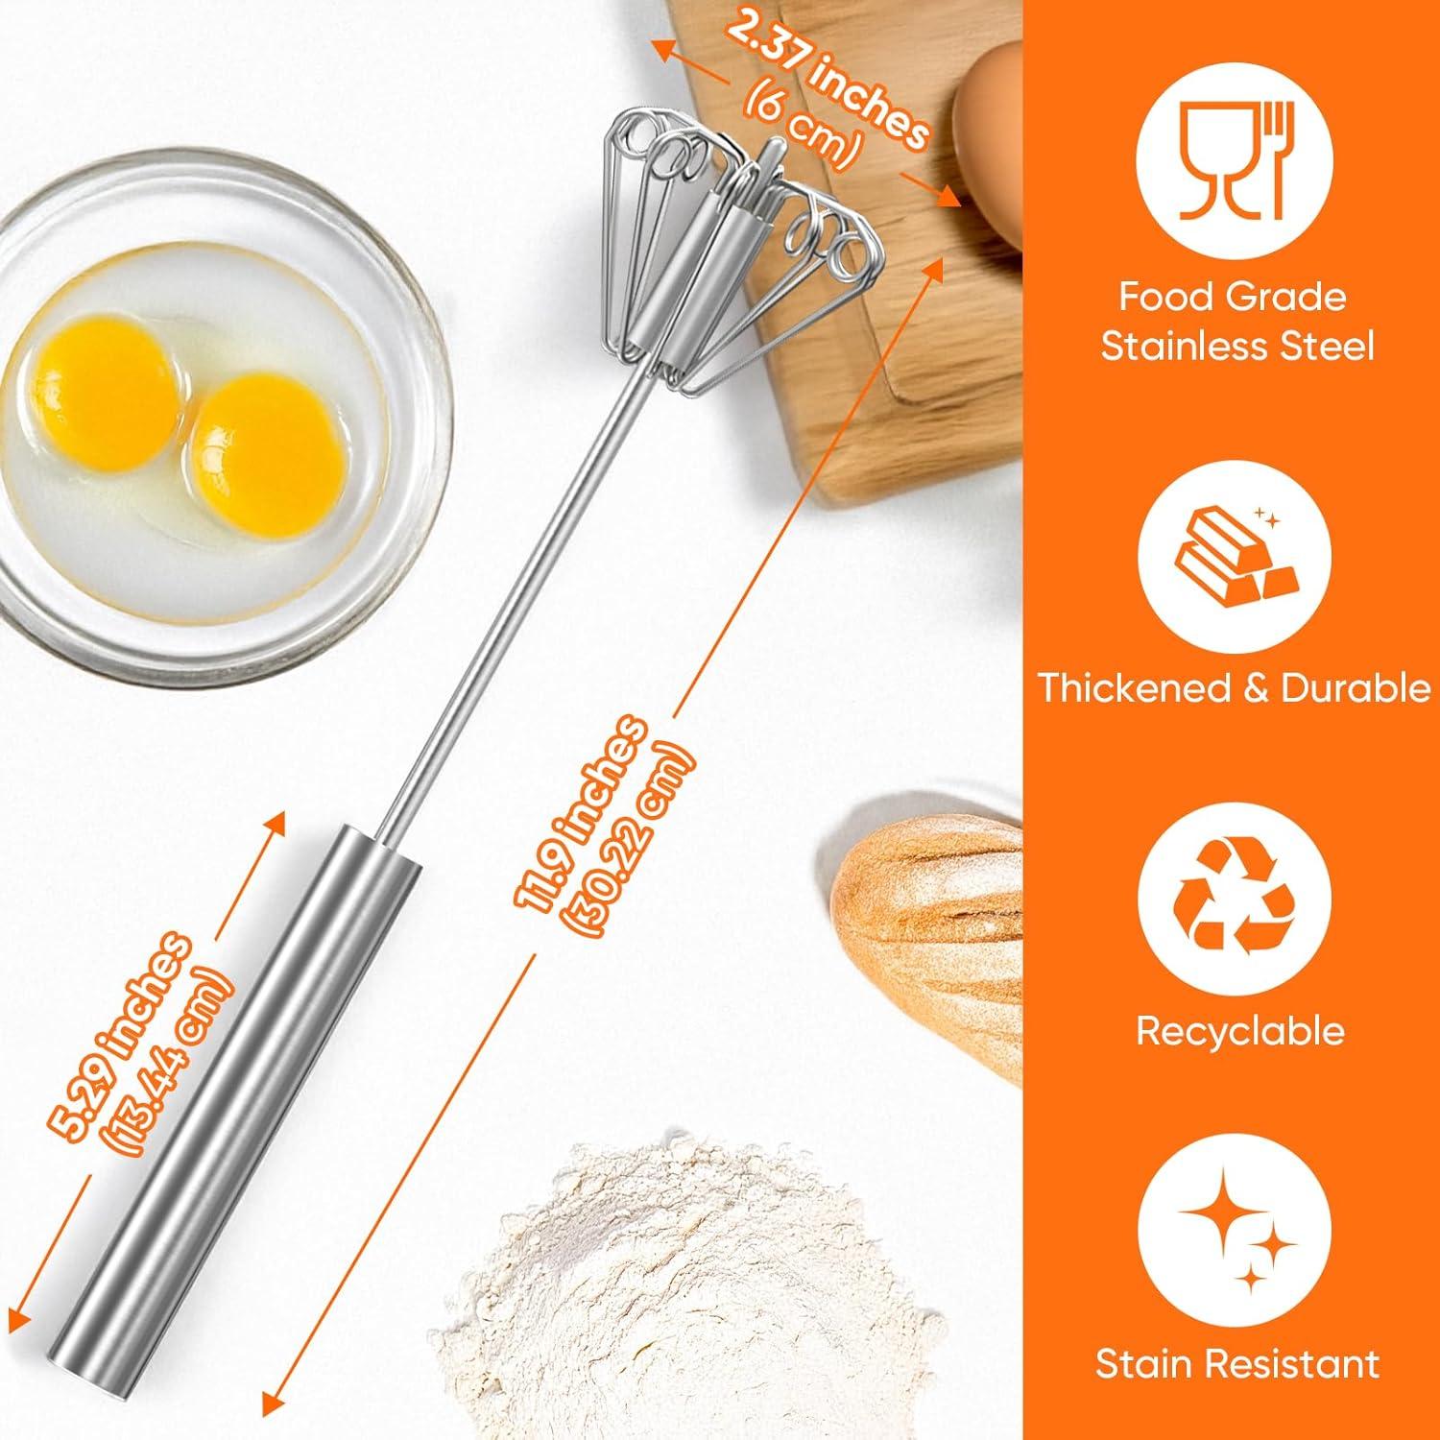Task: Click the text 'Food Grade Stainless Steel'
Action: [1236, 322]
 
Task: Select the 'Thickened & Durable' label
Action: [1234, 688]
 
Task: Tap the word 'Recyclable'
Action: [1238, 1030]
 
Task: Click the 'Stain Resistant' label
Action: [1236, 1363]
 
